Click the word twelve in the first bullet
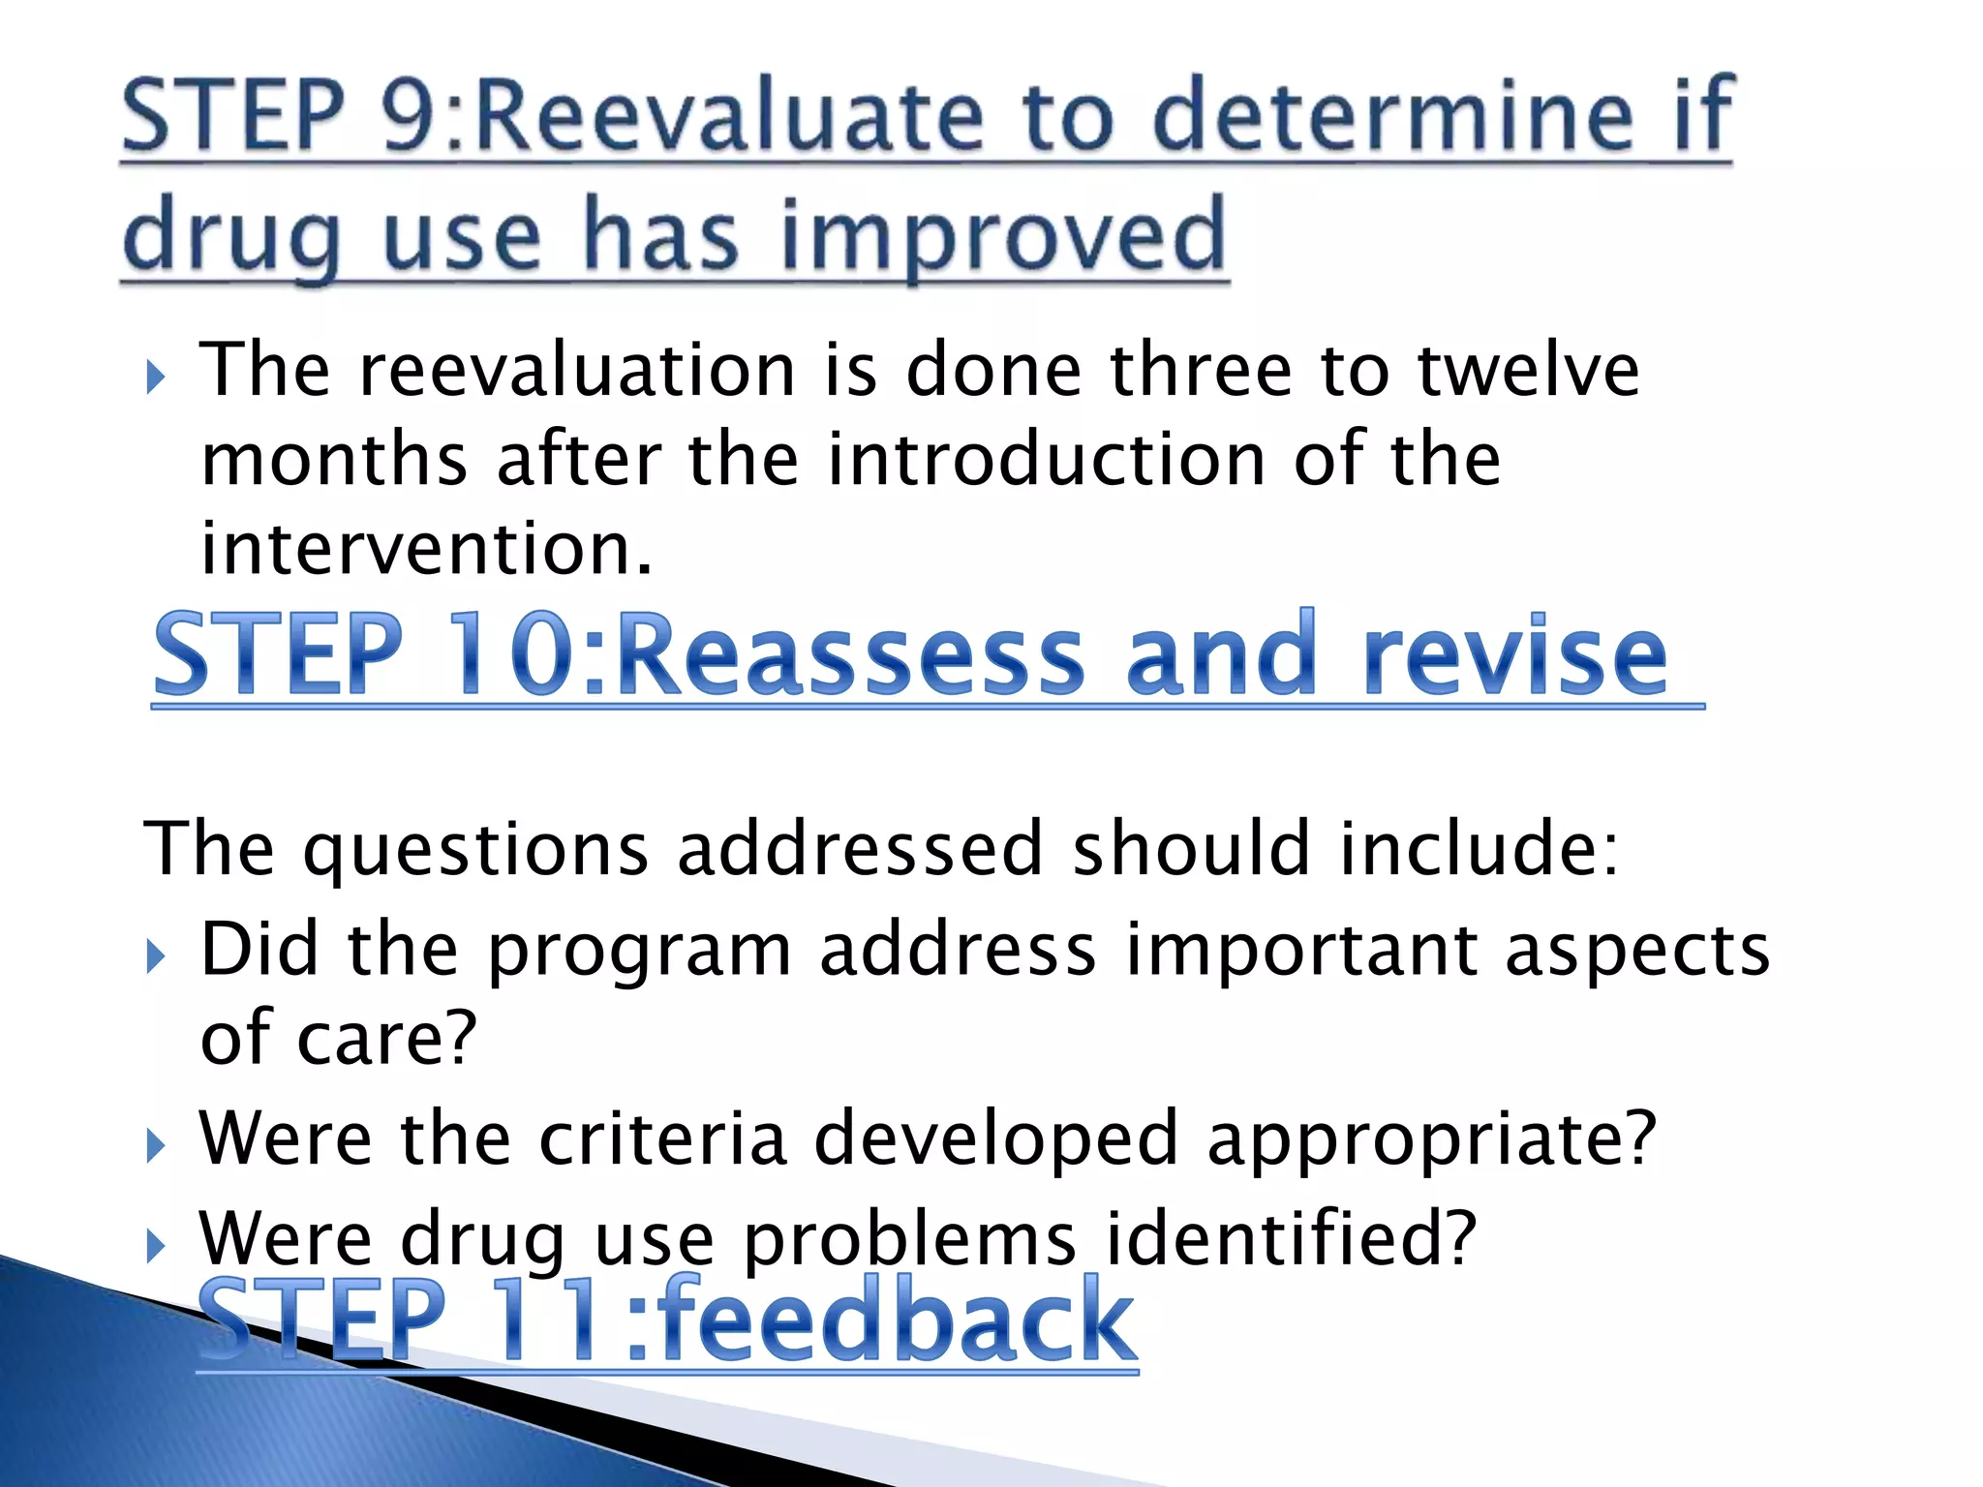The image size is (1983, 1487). [1528, 370]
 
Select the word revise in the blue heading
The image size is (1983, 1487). [1514, 655]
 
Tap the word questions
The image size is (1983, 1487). [475, 849]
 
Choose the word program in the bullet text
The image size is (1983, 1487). [639, 950]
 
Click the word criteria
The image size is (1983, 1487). [663, 1138]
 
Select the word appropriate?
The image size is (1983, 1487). [1432, 1138]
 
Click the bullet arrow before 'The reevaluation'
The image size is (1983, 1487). [155, 377]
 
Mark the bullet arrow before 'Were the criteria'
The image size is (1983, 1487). [155, 1146]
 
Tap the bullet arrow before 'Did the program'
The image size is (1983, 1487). [155, 956]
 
